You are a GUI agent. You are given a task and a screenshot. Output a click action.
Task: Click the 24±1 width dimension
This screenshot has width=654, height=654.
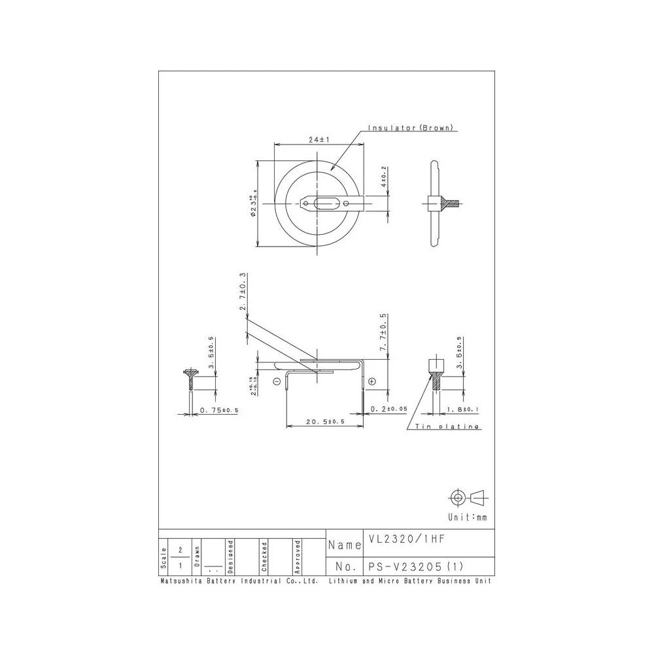318,140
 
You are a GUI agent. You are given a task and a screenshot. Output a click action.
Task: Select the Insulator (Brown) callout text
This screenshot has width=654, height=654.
411,128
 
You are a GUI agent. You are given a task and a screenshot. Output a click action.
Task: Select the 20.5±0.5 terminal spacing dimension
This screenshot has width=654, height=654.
324,422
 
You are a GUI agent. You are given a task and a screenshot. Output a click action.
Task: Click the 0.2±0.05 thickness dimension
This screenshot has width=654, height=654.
388,409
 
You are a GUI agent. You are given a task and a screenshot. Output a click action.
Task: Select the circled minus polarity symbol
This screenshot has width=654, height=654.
277,381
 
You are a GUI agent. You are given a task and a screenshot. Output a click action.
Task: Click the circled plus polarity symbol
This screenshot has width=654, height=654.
372,381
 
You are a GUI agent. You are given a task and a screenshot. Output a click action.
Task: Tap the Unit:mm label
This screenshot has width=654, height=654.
468,517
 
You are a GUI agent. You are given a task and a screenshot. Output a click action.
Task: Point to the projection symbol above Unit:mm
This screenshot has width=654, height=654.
468,498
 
